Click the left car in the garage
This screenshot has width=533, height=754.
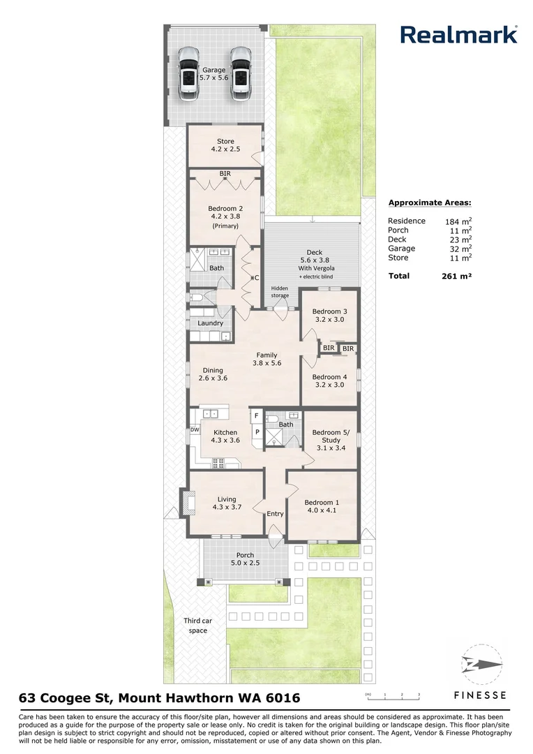click(x=189, y=73)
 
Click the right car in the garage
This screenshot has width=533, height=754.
click(x=241, y=73)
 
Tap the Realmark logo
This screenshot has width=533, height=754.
click(x=459, y=35)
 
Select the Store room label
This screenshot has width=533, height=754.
click(x=225, y=145)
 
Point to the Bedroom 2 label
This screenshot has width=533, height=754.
click(x=225, y=217)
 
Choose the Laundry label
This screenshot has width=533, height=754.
click(x=211, y=323)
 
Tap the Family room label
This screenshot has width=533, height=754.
click(x=266, y=360)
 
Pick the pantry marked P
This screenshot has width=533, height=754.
click(x=257, y=432)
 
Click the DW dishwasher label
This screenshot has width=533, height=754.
click(x=195, y=430)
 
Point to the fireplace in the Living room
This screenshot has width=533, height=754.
click(x=186, y=503)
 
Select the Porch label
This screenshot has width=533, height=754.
click(x=245, y=559)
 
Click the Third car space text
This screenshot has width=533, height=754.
click(x=198, y=626)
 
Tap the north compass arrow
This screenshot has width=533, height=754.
click(x=481, y=665)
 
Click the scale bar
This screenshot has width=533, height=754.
click(x=393, y=695)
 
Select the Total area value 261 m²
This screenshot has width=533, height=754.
click(x=456, y=276)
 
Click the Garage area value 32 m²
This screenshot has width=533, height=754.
click(x=458, y=249)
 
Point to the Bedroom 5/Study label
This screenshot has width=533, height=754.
click(x=331, y=440)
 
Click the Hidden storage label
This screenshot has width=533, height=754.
click(x=280, y=292)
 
